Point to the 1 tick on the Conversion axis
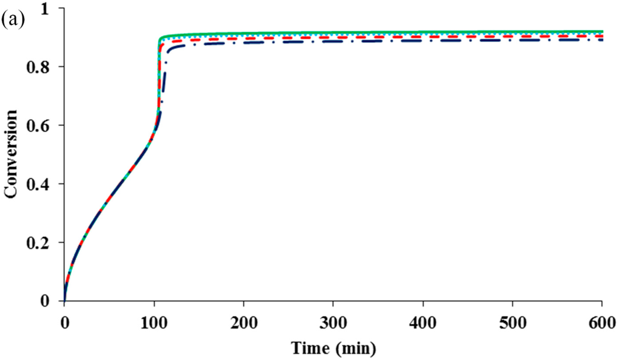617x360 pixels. coord(51,8)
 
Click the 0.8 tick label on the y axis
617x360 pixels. coord(46,67)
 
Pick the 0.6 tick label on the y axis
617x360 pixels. coord(46,125)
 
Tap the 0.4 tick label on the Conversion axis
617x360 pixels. coord(46,184)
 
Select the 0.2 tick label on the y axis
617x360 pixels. coord(46,242)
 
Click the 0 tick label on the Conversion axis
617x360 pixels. coord(51,301)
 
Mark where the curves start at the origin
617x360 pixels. coord(64,300)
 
